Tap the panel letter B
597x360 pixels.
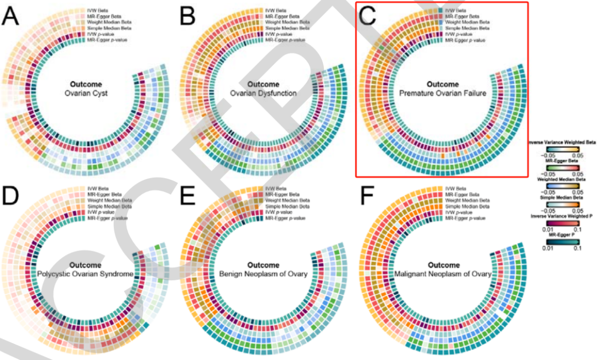188,17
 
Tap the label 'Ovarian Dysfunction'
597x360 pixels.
264,93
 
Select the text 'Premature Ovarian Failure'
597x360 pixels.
443,93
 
